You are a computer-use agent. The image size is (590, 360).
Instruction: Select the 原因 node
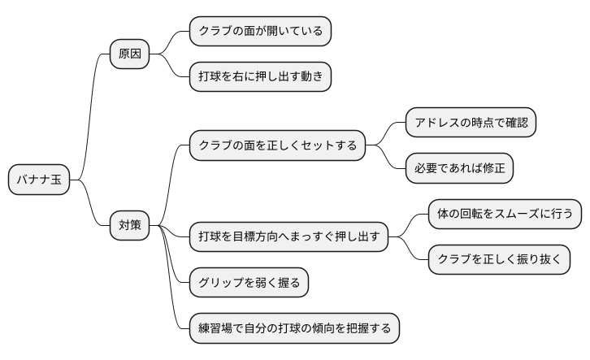(x=130, y=54)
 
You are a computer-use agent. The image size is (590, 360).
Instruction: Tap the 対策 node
(x=130, y=225)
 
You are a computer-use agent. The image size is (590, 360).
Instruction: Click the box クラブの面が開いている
(x=260, y=32)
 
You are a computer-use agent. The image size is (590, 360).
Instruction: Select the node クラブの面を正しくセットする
(x=277, y=145)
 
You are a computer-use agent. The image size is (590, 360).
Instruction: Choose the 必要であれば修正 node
(x=460, y=168)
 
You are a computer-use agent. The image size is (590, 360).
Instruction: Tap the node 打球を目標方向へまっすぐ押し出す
(x=288, y=237)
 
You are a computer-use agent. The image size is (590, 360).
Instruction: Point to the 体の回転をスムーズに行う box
(x=505, y=215)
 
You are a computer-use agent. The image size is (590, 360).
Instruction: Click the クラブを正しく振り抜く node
(x=499, y=260)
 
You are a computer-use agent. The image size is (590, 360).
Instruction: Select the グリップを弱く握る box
(x=249, y=283)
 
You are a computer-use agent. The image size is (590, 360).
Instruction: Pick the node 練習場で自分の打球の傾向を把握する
(x=294, y=327)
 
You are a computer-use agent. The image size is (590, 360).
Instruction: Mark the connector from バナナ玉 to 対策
(x=91, y=207)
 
